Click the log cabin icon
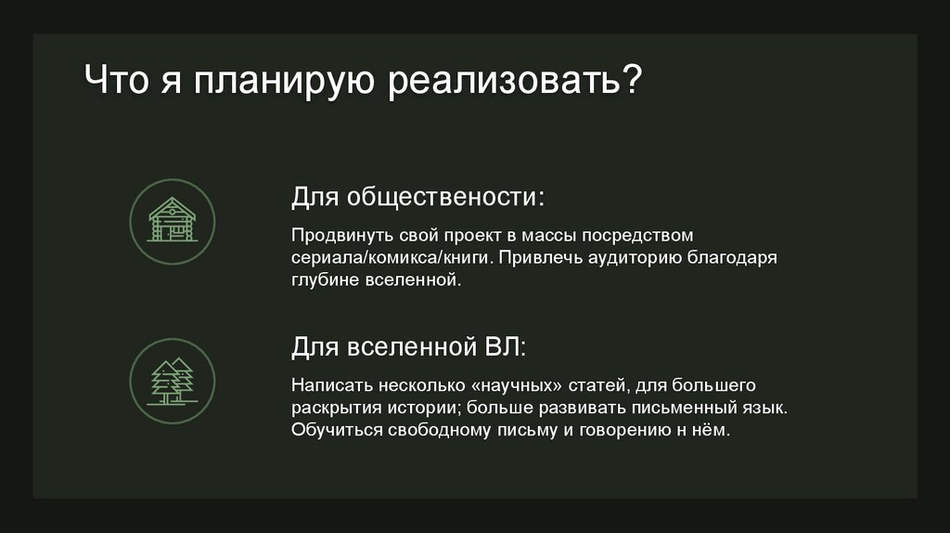click(x=172, y=220)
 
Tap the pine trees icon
click(x=172, y=381)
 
